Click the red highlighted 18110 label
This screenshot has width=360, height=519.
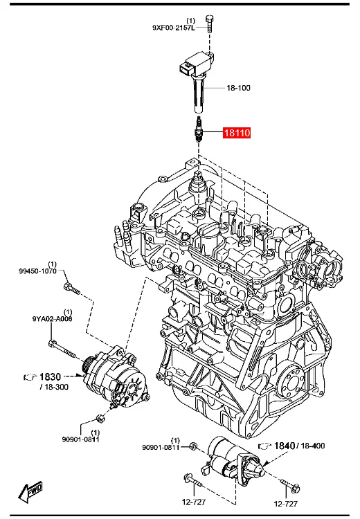coord(237,133)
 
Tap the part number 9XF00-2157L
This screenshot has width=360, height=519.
coord(174,28)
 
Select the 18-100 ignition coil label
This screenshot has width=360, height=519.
coord(238,88)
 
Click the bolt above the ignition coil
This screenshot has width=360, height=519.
coord(209,24)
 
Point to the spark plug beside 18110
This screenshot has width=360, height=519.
coord(198,130)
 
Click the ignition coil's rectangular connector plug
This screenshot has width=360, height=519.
coord(186,69)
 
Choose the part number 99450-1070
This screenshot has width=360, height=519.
coord(38,271)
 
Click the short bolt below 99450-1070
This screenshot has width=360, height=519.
coord(72,289)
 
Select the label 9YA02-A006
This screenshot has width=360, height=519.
coord(52,319)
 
